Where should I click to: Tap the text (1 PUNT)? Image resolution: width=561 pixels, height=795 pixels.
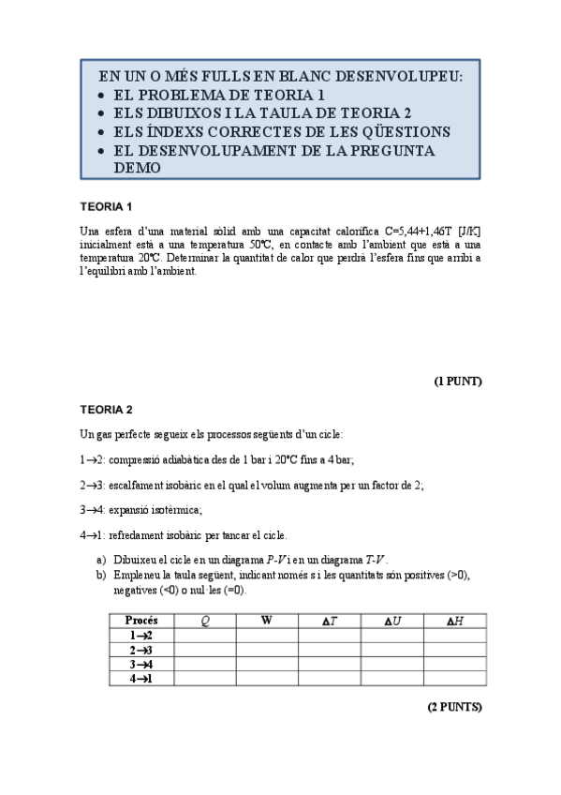(x=457, y=382)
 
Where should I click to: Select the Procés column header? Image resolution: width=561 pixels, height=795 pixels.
(x=141, y=621)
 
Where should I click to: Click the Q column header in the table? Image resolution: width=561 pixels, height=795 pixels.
(x=205, y=621)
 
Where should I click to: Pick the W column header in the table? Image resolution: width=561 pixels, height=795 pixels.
(x=267, y=621)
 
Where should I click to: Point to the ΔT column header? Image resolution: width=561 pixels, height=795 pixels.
(x=330, y=621)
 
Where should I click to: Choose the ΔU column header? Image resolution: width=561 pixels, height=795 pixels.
(x=392, y=621)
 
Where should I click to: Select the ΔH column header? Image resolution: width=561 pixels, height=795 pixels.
(x=454, y=621)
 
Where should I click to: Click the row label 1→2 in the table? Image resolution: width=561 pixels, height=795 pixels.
(x=141, y=636)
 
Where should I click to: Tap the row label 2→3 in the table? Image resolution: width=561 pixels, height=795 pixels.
(x=141, y=650)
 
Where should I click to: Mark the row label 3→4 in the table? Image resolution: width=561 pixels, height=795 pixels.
(x=141, y=664)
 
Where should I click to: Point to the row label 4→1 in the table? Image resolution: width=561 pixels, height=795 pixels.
(x=141, y=678)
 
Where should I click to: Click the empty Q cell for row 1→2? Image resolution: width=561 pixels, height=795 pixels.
(x=205, y=636)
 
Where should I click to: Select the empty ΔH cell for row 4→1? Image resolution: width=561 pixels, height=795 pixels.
(x=454, y=678)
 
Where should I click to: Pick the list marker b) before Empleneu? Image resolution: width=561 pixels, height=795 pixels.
(x=101, y=575)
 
